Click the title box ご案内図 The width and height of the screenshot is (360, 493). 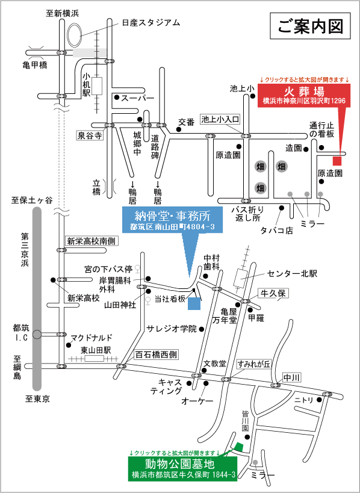point(310,26)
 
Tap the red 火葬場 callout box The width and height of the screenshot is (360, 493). point(304,96)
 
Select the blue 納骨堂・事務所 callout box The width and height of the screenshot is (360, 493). point(172,220)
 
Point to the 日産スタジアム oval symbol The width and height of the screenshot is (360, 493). point(75,33)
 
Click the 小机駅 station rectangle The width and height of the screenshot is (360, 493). point(97,86)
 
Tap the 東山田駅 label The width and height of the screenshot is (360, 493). point(96,350)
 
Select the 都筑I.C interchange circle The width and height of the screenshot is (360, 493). point(37,335)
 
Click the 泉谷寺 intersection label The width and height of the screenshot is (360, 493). point(90,136)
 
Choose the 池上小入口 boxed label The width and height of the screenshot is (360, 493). point(220,119)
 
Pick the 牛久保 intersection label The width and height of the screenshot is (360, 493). point(273,293)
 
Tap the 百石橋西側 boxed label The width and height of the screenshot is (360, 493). point(157,355)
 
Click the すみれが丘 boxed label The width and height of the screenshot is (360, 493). point(253,364)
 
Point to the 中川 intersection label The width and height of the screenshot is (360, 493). point(292,377)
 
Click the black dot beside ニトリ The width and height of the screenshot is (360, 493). point(320,400)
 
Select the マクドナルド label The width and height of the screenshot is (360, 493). point(91,338)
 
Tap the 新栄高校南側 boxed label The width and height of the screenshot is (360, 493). point(90,241)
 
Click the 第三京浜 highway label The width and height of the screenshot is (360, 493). point(25,250)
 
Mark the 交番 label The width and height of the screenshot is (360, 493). point(187,122)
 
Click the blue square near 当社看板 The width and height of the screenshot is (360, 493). point(194,304)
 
